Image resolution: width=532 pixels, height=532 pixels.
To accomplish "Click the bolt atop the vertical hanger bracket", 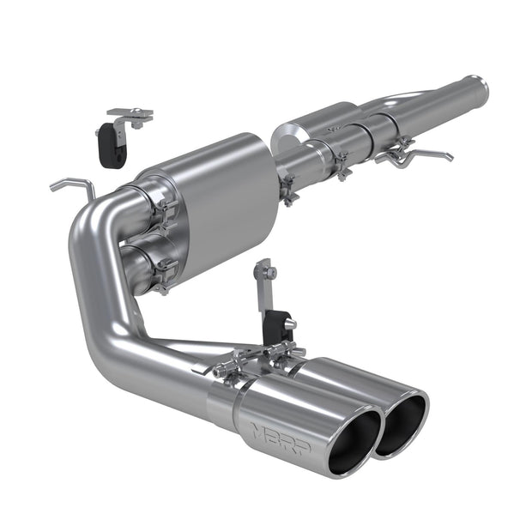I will pos(271,273).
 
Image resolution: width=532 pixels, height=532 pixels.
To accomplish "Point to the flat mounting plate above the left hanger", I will pos(130,113).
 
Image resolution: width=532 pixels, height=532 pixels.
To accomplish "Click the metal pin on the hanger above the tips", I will pos(289,323).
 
